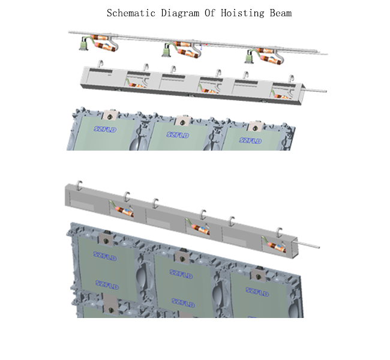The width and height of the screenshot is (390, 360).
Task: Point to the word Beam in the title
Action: click(281, 13)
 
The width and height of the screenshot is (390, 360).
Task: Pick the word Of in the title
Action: click(212, 13)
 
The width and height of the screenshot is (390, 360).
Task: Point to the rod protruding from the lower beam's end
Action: click(308, 245)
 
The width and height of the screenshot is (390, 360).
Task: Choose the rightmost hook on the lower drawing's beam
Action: click(279, 230)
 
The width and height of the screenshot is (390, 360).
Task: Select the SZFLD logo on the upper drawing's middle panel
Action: click(177, 137)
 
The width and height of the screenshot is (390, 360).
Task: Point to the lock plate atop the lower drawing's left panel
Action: click(104, 241)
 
